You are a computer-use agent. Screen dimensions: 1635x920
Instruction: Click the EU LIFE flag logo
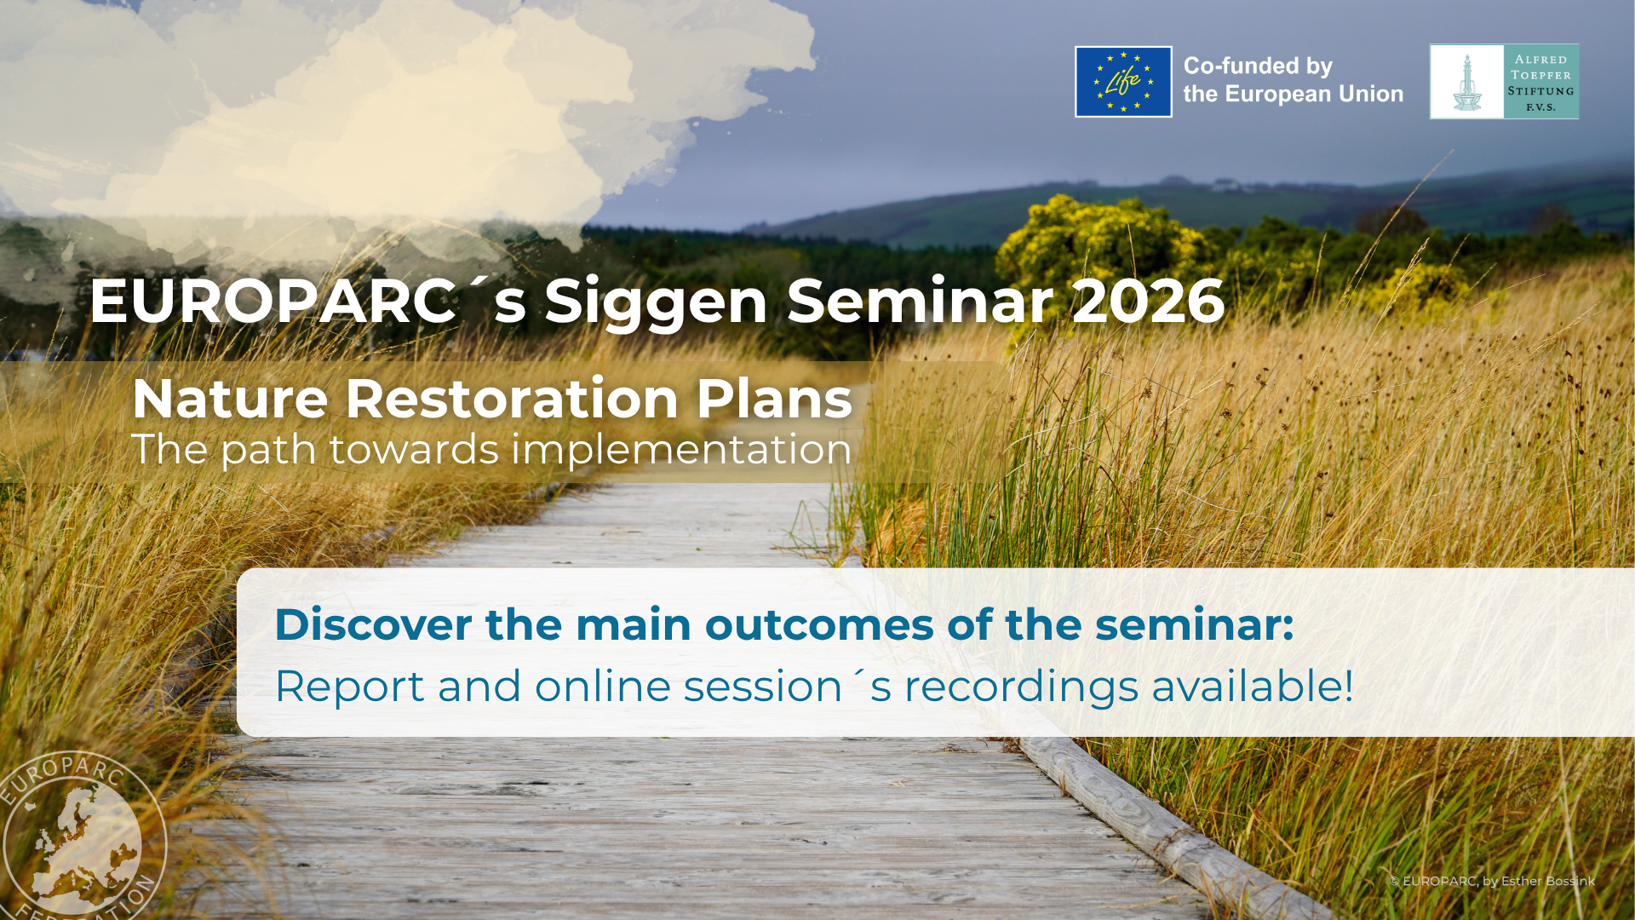[1123, 82]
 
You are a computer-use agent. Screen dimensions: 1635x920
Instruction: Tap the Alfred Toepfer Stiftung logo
[1504, 82]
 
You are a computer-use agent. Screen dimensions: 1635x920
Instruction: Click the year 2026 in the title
[1148, 302]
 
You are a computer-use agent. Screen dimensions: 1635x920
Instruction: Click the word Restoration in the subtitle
[511, 399]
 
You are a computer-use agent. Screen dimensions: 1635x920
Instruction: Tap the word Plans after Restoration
[774, 399]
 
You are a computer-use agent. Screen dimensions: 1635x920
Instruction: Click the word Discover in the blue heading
[373, 624]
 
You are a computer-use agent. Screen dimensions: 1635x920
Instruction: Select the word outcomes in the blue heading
[819, 625]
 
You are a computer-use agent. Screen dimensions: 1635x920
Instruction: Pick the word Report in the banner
[349, 687]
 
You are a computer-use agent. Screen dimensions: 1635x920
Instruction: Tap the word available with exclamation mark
[1253, 687]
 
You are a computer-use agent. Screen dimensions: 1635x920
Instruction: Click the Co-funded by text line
[1258, 66]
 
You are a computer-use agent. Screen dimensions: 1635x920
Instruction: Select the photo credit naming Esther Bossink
[1492, 881]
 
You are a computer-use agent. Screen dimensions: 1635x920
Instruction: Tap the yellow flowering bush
[1099, 247]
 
